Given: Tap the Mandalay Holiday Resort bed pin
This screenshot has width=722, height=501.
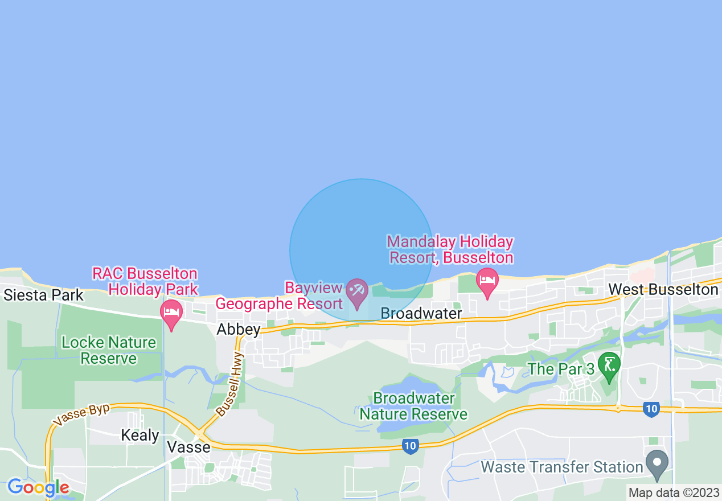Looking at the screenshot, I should point(487,282).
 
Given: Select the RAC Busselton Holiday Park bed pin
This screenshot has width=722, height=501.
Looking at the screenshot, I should point(171,314).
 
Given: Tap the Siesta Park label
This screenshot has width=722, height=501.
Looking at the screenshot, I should point(43,295).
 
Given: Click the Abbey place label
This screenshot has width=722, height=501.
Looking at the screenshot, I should point(239,330).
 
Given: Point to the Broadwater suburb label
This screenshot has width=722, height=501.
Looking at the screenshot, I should point(421,314).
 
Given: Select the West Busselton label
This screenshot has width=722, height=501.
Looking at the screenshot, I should point(663,290).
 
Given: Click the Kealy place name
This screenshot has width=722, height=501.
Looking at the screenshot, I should point(140,436).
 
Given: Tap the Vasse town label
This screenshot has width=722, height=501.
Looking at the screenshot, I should point(189,447).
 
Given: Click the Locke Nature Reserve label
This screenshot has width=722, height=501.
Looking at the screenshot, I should point(109,350).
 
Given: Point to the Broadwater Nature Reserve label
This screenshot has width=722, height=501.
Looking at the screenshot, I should point(413,406).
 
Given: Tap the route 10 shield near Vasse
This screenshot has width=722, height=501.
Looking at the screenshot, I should point(410,447).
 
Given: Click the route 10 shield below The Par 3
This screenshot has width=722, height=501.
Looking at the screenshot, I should point(651,409).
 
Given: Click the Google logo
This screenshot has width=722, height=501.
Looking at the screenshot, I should point(38,487).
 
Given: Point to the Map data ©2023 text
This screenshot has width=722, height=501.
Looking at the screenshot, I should point(674,492).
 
